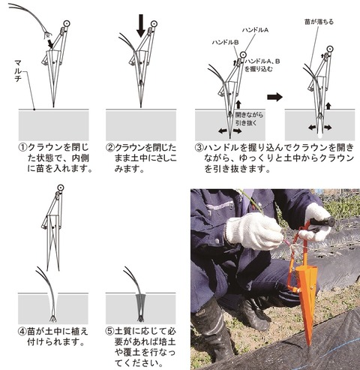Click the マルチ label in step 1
point(18,71)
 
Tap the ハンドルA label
point(255,30)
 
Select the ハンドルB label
point(225,43)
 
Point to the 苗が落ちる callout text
point(319,22)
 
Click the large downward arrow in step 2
point(141,26)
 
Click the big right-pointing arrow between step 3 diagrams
point(274,97)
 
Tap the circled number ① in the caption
point(22,147)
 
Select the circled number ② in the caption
point(110,147)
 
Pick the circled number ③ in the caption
point(199,147)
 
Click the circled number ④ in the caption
point(22,332)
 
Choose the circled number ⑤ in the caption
point(110,332)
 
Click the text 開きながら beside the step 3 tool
point(249,115)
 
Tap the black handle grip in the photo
point(322,222)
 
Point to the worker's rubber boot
point(212,330)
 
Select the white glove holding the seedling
point(253,231)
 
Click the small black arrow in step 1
point(49,43)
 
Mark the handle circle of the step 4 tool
point(60,188)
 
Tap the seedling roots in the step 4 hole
point(53,318)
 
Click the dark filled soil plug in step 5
point(141,307)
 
